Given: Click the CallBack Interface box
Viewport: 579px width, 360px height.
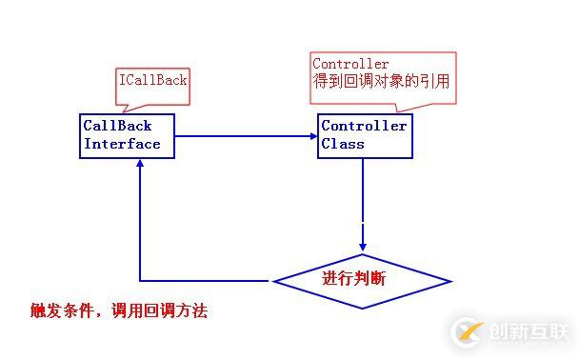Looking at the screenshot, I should click(x=127, y=135).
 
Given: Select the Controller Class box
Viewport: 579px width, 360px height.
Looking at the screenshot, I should click(x=365, y=135).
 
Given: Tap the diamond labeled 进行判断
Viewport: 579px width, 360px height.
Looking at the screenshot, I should click(x=362, y=280).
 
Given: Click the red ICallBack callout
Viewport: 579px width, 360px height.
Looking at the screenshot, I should click(x=152, y=81).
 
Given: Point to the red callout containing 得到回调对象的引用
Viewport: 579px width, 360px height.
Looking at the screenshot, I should click(x=382, y=73).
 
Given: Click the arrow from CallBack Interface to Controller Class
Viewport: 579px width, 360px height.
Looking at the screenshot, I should click(x=246, y=135).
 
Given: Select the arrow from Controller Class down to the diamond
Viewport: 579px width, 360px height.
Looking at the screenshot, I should click(x=362, y=190).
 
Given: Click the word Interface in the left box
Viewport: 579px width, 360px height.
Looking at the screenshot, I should click(x=122, y=144).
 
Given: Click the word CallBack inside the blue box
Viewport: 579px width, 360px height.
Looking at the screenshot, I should click(x=117, y=126).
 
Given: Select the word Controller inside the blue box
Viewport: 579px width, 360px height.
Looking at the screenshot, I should click(x=364, y=126).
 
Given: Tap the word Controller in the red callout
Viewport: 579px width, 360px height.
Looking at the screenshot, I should click(x=350, y=65).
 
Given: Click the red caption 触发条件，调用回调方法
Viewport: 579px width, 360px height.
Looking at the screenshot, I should click(x=118, y=310).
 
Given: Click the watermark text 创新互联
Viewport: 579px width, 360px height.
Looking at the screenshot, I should click(x=529, y=330).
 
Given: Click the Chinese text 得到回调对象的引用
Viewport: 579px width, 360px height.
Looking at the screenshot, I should click(x=381, y=83).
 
